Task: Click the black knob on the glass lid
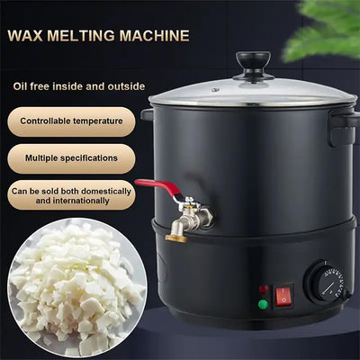point(253,64)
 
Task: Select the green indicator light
point(263,304)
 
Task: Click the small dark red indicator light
point(263,290)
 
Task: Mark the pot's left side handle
point(147,114)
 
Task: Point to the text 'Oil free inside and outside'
point(77,86)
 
